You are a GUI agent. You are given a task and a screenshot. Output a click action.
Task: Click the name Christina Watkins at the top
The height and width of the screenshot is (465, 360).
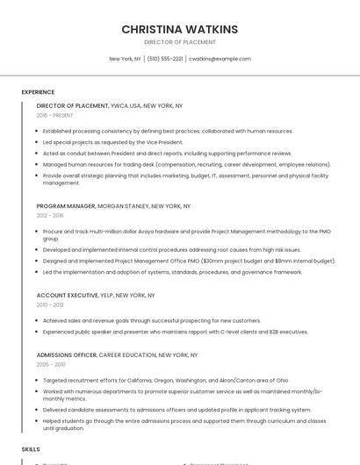pos(179,29)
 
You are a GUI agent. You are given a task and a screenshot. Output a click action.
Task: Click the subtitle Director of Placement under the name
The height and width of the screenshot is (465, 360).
pos(179,42)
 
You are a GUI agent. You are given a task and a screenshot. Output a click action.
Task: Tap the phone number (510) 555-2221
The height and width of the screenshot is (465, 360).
pos(165,59)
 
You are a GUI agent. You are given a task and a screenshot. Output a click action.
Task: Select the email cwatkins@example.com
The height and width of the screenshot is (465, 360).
pos(220,59)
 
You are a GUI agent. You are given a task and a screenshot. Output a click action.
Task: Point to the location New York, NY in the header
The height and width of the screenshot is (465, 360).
pos(125,59)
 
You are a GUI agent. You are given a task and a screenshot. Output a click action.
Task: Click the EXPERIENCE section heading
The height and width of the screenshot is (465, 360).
pos(38,92)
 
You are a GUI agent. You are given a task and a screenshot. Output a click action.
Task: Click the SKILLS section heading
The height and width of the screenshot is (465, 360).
pos(31,449)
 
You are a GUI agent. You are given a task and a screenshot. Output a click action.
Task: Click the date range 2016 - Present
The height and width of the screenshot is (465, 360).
pos(55,115)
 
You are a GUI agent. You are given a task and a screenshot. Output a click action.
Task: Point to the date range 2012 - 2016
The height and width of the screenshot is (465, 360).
pos(50,215)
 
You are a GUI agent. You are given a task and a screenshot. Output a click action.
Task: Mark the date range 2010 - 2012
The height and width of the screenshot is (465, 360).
pos(50,304)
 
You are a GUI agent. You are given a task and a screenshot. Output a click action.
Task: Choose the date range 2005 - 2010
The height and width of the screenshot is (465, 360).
pos(51,363)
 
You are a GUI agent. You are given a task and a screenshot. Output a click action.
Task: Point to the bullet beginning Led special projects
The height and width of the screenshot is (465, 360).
pos(112,142)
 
